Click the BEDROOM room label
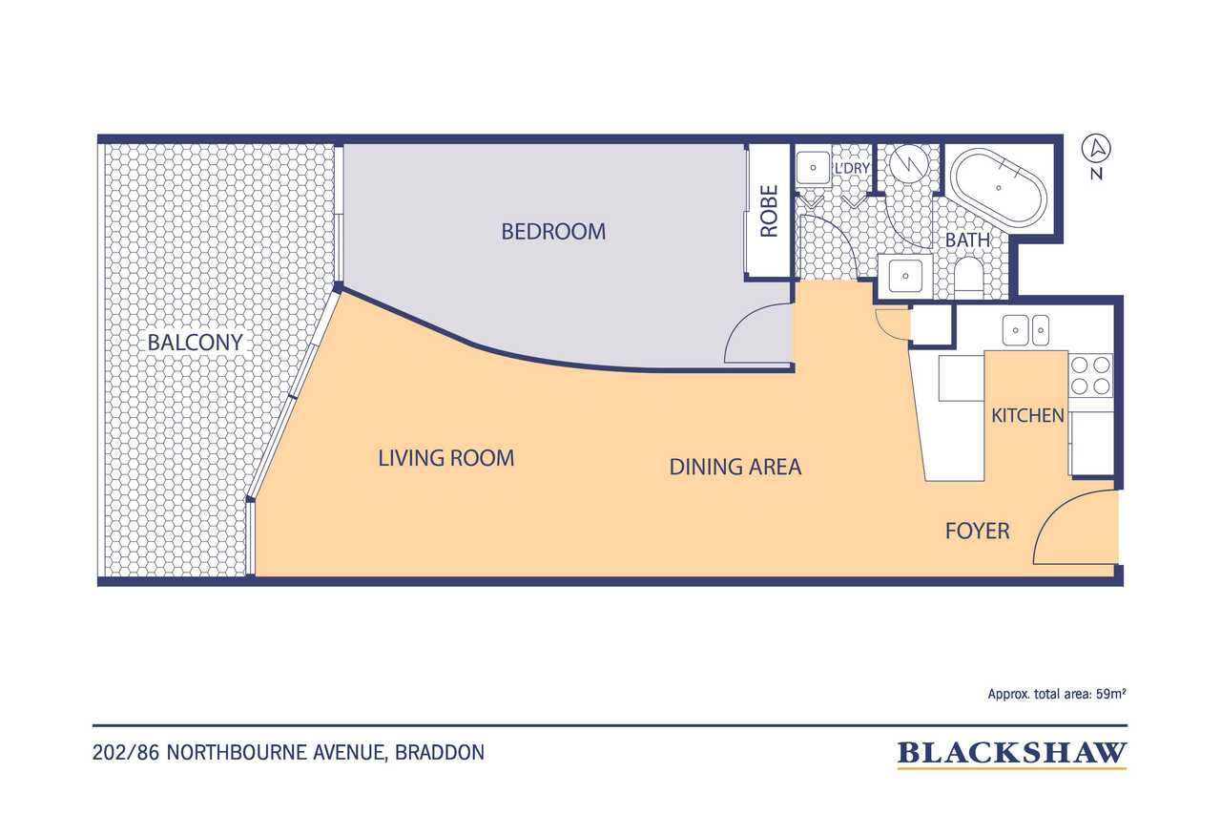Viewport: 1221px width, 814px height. coord(553,232)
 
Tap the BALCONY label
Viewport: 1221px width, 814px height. coord(196,343)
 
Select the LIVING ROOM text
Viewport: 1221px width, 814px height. coord(446,458)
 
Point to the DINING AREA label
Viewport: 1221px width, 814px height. coord(735,467)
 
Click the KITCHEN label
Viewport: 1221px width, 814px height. coord(1027,415)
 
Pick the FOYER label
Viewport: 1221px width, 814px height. coord(978,531)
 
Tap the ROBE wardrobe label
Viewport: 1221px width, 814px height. coord(769,211)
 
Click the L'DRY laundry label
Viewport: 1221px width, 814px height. coord(852,169)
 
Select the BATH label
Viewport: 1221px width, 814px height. coord(967,240)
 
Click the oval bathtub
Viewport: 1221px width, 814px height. coord(998,188)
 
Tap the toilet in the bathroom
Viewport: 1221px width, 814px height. coord(968,277)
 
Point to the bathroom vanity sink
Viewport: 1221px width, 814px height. coord(905,276)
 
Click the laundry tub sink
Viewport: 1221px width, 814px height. coord(813,168)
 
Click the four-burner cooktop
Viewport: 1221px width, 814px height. coord(1090,376)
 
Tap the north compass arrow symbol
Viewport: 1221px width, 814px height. coord(1096,148)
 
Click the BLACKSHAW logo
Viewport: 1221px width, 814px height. coord(1012,754)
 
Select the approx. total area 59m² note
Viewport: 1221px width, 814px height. coord(1057,694)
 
